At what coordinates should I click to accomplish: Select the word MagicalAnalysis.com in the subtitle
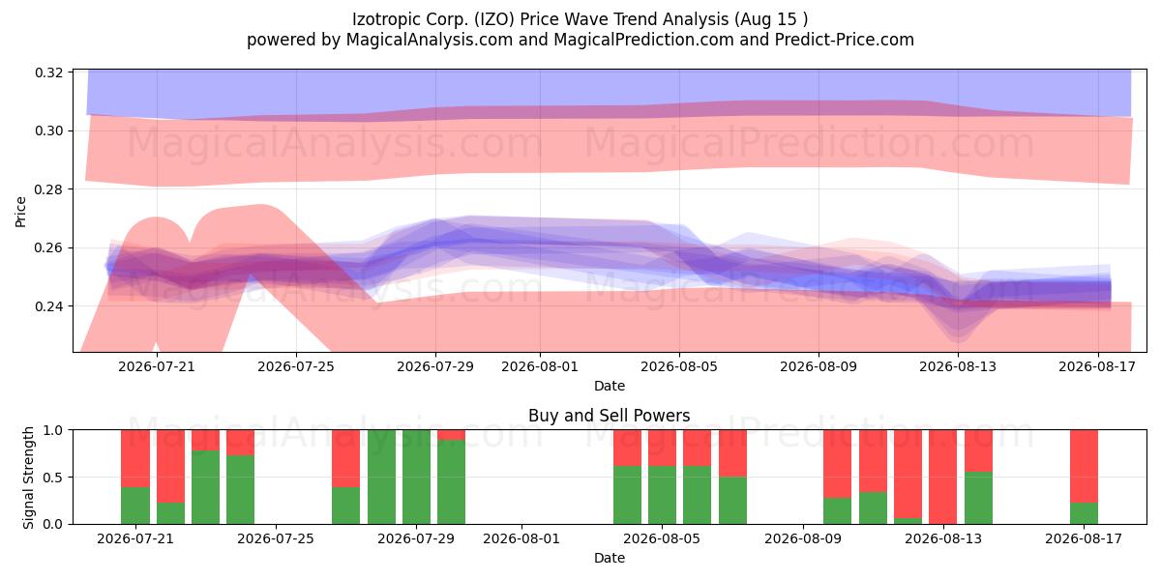coord(430,40)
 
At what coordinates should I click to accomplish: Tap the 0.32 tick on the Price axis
coord(49,72)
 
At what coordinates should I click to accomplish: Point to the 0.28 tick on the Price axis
coord(49,189)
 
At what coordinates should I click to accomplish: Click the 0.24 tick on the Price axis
coord(49,306)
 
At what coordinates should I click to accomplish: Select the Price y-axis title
coord(20,212)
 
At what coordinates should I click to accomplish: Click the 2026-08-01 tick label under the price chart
coord(540,366)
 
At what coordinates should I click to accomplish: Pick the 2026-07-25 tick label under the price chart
coord(296,366)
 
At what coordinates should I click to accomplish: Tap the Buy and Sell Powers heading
coord(609,416)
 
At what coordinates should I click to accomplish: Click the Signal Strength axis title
coord(28,478)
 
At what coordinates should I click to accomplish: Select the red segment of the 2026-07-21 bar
coord(135,458)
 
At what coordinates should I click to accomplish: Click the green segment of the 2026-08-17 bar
coord(1084,513)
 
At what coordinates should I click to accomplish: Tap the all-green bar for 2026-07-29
coord(416,477)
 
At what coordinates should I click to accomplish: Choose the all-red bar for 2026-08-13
coord(942,477)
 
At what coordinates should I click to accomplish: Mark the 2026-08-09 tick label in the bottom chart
coord(803,538)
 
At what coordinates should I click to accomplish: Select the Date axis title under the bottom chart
coord(609,558)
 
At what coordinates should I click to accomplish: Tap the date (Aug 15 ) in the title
coord(771,19)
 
